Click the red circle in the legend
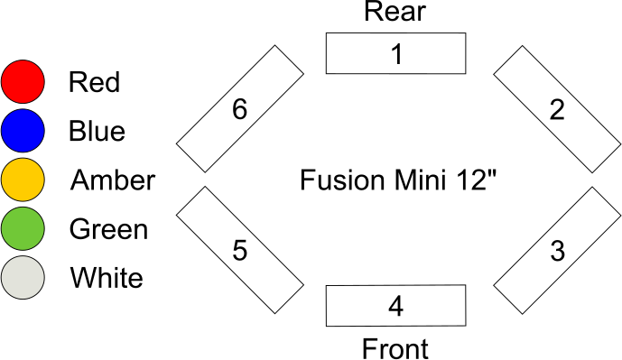[x=23, y=82]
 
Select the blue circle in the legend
[x=23, y=131]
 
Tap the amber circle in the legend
[x=23, y=180]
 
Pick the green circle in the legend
[x=23, y=228]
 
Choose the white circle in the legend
[x=23, y=277]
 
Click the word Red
[x=94, y=83]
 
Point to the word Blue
[x=97, y=132]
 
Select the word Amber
[x=112, y=180]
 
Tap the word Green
[x=108, y=229]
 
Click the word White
[x=106, y=278]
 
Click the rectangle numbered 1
[x=395, y=54]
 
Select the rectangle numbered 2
[x=557, y=109]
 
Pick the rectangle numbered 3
[x=557, y=250]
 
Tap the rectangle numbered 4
[x=395, y=306]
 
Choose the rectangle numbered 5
[x=239, y=250]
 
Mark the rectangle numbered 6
[x=239, y=109]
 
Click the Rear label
[x=395, y=12]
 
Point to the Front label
[x=395, y=347]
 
